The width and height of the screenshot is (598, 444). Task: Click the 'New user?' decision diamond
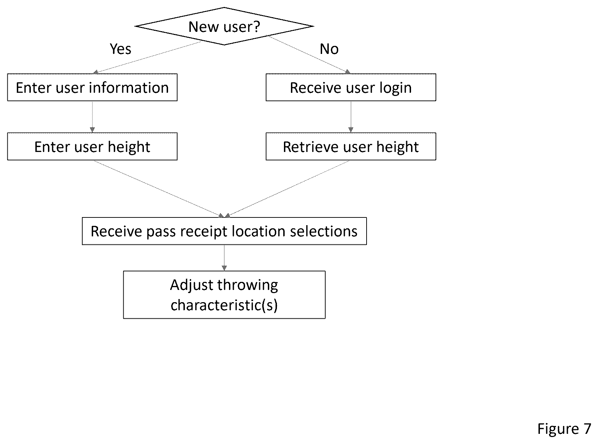point(224,26)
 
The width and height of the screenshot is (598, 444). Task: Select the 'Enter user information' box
point(92,87)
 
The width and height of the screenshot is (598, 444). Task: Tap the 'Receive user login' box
point(351,87)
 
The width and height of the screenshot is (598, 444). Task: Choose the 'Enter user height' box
point(92,146)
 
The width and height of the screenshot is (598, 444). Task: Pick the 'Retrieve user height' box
point(351,146)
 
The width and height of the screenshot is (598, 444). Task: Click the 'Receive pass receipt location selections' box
point(224,231)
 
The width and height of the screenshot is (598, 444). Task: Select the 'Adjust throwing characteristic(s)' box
point(224,295)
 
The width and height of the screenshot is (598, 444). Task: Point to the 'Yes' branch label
point(120,49)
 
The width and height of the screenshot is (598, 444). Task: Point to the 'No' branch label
point(329,49)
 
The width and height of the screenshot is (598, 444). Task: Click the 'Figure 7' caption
point(564,429)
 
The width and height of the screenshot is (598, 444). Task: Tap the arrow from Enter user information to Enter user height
point(92,117)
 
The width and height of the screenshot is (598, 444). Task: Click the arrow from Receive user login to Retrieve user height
point(351,117)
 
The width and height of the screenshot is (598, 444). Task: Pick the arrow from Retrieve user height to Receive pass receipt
point(287,189)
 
